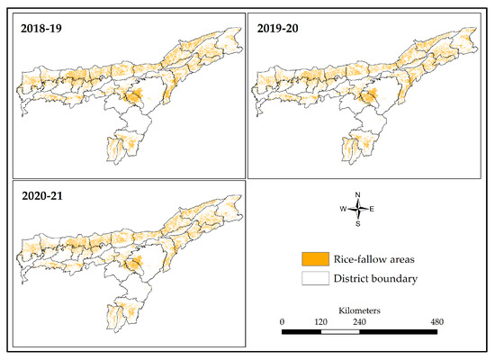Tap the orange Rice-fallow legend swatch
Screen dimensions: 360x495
[314, 260]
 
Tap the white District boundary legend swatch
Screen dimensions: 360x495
[314, 279]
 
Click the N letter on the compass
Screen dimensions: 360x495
[357, 195]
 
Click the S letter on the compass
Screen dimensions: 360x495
[357, 224]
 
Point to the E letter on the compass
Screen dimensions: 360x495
[372, 209]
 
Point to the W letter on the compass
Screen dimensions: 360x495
[343, 209]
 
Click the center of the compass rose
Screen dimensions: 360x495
[357, 209]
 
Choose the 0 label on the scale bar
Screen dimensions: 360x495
[283, 321]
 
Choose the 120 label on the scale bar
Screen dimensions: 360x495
[320, 321]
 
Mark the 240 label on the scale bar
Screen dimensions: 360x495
[359, 321]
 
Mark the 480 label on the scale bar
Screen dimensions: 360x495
[436, 321]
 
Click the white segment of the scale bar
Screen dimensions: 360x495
[340, 332]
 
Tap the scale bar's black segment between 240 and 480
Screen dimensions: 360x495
[398, 332]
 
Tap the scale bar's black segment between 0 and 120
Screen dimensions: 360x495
[301, 332]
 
